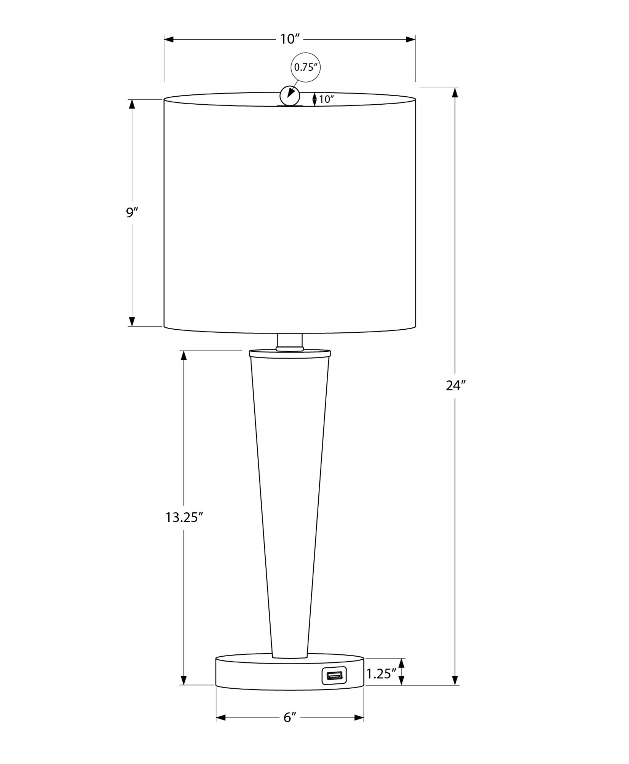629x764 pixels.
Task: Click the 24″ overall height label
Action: (x=456, y=386)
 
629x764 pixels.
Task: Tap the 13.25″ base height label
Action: (x=184, y=518)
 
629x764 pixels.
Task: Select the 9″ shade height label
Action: (x=132, y=212)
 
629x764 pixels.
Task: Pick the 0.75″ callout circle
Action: (x=305, y=68)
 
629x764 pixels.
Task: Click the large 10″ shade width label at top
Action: (x=290, y=39)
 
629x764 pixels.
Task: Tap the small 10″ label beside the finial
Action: (x=326, y=99)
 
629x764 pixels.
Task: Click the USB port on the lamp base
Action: (x=334, y=675)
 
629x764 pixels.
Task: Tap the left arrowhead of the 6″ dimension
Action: (x=221, y=718)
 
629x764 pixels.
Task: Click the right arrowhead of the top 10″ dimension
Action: (x=411, y=39)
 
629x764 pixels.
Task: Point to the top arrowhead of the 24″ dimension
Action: (x=455, y=93)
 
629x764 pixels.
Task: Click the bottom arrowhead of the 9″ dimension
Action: (x=132, y=321)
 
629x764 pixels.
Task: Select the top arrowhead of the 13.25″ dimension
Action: (x=184, y=356)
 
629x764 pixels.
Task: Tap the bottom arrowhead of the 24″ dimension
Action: (x=455, y=680)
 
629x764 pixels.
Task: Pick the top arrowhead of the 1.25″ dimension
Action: (x=401, y=663)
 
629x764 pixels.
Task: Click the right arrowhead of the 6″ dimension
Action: (x=359, y=718)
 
